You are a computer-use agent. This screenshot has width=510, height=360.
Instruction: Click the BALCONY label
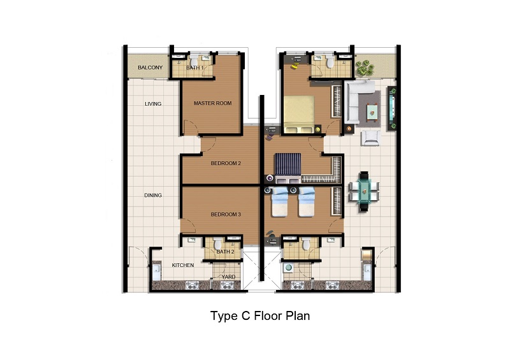coord(150,68)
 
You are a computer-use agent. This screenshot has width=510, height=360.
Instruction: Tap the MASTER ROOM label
coord(213,103)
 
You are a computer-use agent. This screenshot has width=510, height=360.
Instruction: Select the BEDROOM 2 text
coord(226,163)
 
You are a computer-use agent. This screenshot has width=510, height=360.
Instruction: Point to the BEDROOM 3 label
coord(226,214)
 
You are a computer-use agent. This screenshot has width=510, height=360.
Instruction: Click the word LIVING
coord(153,104)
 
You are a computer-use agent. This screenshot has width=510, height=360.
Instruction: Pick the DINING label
coord(153,195)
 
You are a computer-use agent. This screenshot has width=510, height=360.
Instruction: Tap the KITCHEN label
coord(183,265)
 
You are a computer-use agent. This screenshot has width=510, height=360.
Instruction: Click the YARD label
coord(228,277)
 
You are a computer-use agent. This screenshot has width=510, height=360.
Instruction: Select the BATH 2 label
coord(226,252)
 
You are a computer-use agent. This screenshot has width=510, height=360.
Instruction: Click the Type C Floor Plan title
coord(260,315)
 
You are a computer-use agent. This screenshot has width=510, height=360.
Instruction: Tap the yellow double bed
coord(299,114)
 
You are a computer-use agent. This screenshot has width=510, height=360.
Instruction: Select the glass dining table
coord(364,192)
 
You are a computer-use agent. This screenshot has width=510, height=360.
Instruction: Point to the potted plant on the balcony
coord(365,68)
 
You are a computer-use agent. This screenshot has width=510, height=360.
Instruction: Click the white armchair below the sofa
coord(370,138)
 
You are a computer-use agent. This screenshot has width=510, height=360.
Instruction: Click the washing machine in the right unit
coord(288,268)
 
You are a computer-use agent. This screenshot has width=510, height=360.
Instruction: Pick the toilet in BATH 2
coord(217,243)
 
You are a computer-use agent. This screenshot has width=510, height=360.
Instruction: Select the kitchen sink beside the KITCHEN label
coord(156,271)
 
